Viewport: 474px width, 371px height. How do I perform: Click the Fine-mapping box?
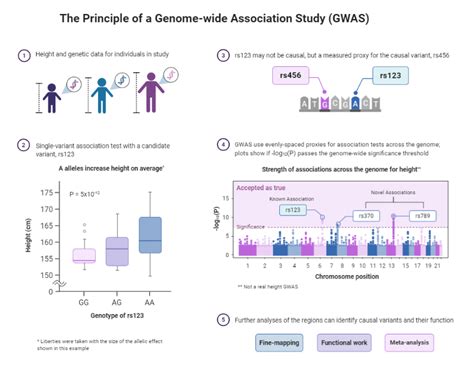pyautogui.click(x=272, y=343)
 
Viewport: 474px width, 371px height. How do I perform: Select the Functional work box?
pyautogui.click(x=346, y=343)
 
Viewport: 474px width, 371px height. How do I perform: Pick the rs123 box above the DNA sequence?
pyautogui.click(x=388, y=76)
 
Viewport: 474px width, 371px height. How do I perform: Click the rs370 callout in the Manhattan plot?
pyautogui.click(x=368, y=215)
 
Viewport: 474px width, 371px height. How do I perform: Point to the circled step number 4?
pyautogui.click(x=223, y=145)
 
